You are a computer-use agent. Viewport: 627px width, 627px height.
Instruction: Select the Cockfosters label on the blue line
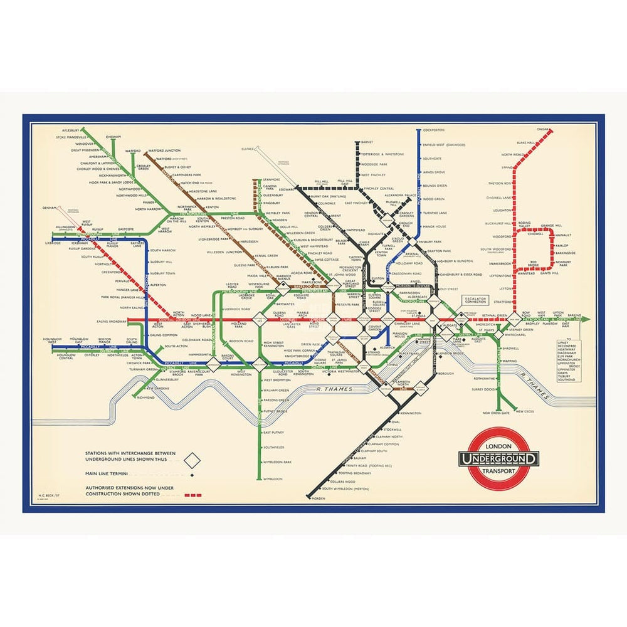click(x=434, y=130)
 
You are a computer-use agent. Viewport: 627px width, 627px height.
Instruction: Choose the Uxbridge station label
click(x=53, y=243)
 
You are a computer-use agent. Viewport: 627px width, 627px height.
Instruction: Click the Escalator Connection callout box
click(x=478, y=301)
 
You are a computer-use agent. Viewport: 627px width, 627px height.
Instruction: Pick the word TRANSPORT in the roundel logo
click(x=499, y=471)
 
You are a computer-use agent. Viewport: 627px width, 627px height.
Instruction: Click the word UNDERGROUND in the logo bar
click(x=499, y=458)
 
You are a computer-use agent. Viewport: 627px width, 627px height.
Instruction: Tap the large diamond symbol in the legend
click(x=194, y=462)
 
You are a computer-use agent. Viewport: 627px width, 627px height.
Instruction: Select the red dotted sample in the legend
click(x=194, y=495)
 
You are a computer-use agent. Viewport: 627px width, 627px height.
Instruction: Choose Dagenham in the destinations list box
click(x=567, y=354)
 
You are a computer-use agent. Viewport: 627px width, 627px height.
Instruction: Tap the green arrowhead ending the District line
click(x=586, y=320)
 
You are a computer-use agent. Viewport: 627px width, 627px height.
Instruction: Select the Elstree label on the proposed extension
click(x=249, y=149)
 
